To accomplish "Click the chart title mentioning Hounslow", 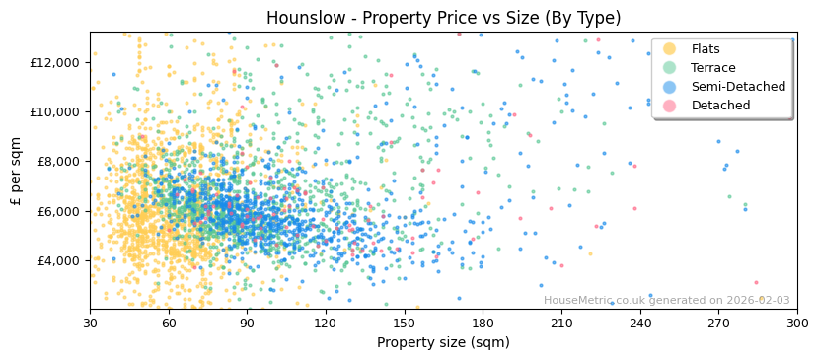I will pos(443,18).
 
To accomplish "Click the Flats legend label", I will pos(706,49).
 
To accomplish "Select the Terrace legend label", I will pos(712,68).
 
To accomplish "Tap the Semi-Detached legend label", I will pos(738,87).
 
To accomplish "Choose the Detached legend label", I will pos(720,106).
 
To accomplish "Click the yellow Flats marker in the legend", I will pos(669,49).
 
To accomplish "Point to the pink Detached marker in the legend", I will pos(669,106).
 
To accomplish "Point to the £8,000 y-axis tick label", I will pos(55,162).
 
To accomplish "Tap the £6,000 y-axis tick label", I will pos(55,211).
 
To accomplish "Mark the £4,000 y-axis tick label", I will pos(55,260).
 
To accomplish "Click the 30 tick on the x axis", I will pos(91,323).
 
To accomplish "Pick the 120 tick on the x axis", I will pos(326,323).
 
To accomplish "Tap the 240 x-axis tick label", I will pos(640,323).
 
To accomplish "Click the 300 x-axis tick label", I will pos(797,323).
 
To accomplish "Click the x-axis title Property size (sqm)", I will pos(443,342).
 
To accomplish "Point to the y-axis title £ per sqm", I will pos(17,171).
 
